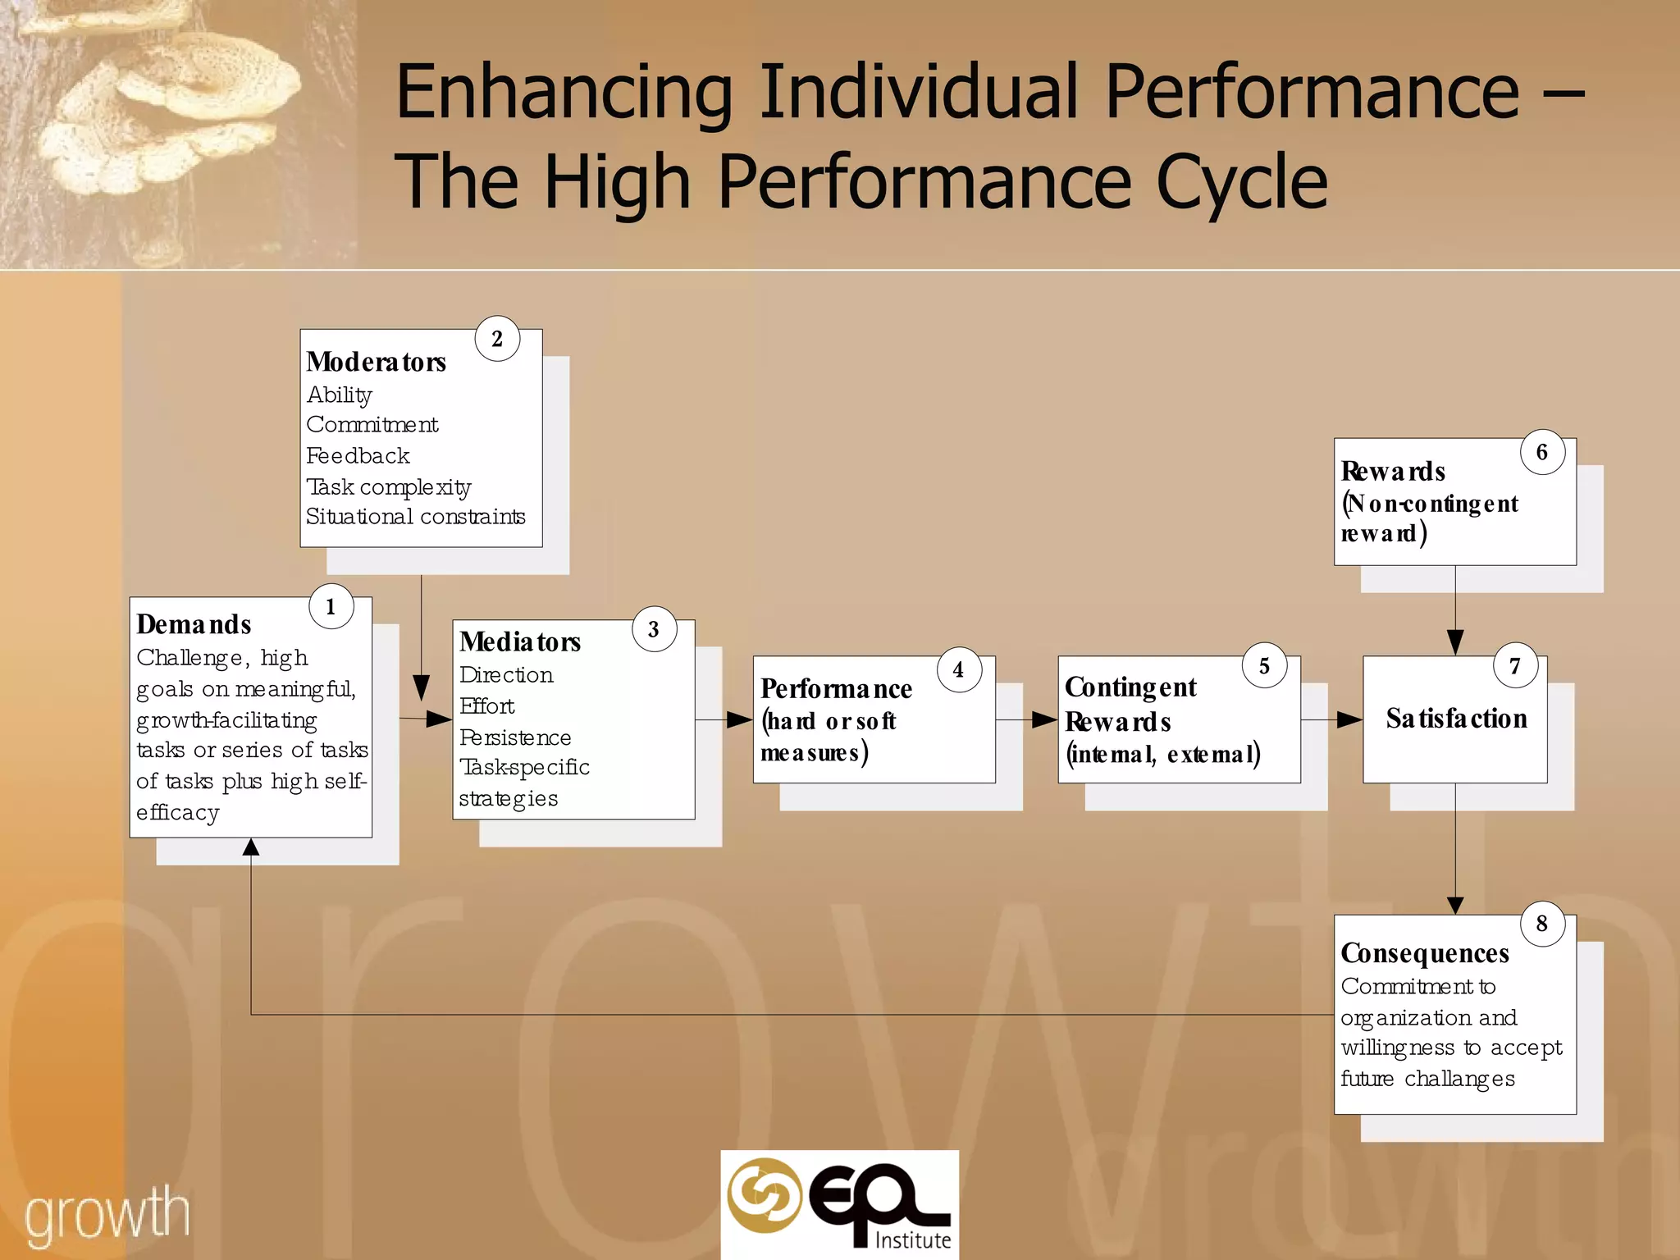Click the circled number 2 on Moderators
497,339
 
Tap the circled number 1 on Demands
331,607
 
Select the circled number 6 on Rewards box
1542,452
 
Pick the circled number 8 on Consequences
1542,924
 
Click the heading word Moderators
376,362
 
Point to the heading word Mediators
520,641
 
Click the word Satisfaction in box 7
1456,719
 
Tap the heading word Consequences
1425,953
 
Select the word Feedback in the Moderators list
358,456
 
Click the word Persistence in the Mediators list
515,737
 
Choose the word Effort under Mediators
487,706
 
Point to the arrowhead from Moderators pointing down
422,687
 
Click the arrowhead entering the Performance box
740,720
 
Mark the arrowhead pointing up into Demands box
251,847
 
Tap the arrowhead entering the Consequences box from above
1455,905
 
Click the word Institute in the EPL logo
913,1239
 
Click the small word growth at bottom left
107,1217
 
